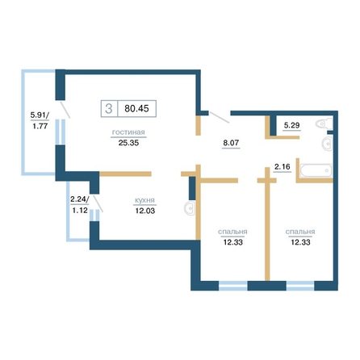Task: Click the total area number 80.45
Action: pyautogui.click(x=136, y=109)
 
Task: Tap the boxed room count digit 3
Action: pyautogui.click(x=109, y=109)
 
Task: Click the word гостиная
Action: pyautogui.click(x=128, y=132)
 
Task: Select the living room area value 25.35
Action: pyautogui.click(x=128, y=143)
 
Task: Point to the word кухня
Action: pyautogui.click(x=144, y=200)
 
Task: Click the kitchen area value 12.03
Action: pyautogui.click(x=145, y=211)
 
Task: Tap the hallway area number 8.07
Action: pyautogui.click(x=231, y=143)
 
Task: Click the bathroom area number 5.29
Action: pyautogui.click(x=292, y=125)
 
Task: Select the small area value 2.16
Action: pyautogui.click(x=283, y=167)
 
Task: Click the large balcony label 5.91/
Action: pyautogui.click(x=40, y=115)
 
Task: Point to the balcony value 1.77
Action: pyautogui.click(x=40, y=126)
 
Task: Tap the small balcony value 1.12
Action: pyautogui.click(x=80, y=210)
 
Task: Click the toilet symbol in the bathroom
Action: pyautogui.click(x=324, y=123)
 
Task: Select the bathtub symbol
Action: pyautogui.click(x=316, y=170)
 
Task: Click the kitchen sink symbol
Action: pyautogui.click(x=190, y=208)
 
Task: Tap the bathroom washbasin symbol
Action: pyautogui.click(x=327, y=144)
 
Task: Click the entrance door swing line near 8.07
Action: pyautogui.click(x=220, y=118)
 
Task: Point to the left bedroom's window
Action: pyautogui.click(x=233, y=286)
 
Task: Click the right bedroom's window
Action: pyautogui.click(x=300, y=286)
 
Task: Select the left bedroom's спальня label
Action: pyautogui.click(x=232, y=232)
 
